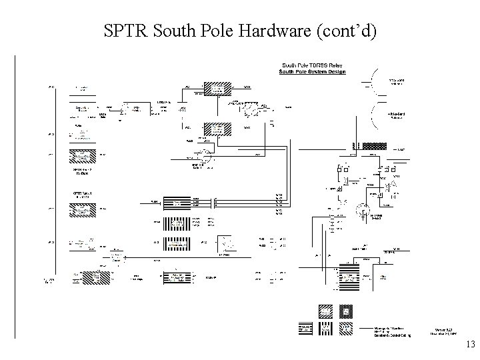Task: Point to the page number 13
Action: coord(469,345)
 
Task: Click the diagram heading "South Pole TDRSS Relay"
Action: coord(312,65)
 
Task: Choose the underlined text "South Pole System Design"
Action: coord(312,72)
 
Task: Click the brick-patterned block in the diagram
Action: coord(373,145)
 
